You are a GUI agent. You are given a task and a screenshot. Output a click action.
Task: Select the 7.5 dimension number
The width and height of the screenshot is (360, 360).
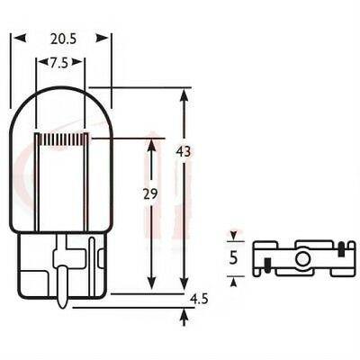click(x=59, y=64)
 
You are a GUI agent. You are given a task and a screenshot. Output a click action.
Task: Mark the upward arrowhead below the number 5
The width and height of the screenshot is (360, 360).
click(x=233, y=281)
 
